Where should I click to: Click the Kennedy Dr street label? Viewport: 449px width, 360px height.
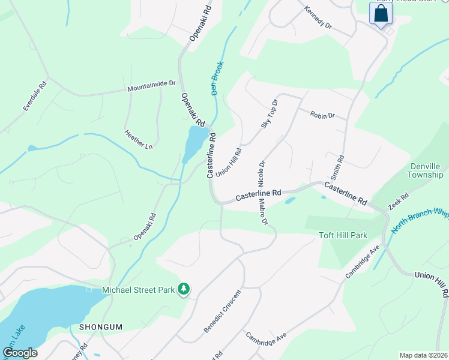tap(318, 18)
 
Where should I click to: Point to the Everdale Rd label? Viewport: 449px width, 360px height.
tap(35, 97)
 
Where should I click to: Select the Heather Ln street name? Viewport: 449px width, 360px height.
tap(139, 140)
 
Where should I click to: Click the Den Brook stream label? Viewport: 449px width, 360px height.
tap(217, 78)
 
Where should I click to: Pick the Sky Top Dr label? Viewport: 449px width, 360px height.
tap(270, 114)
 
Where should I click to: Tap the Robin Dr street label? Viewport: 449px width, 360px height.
tap(322, 115)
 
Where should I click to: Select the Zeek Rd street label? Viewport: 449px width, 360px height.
tap(398, 201)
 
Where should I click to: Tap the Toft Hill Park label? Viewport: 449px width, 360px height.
tap(343, 236)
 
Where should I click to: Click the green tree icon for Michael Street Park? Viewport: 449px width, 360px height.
tap(184, 290)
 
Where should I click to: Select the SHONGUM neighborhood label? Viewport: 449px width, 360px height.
tap(101, 327)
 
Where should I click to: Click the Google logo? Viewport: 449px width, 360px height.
tap(20, 353)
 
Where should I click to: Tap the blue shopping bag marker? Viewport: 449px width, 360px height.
tap(381, 13)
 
